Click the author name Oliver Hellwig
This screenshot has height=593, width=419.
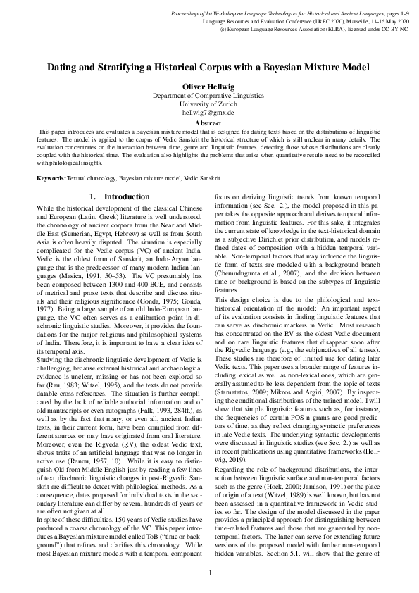coord(208,87)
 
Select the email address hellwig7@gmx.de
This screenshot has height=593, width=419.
coord(208,112)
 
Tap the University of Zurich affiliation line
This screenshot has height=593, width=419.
coord(208,104)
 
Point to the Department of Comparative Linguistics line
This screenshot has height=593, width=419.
coord(208,95)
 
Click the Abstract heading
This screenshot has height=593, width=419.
coord(208,122)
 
